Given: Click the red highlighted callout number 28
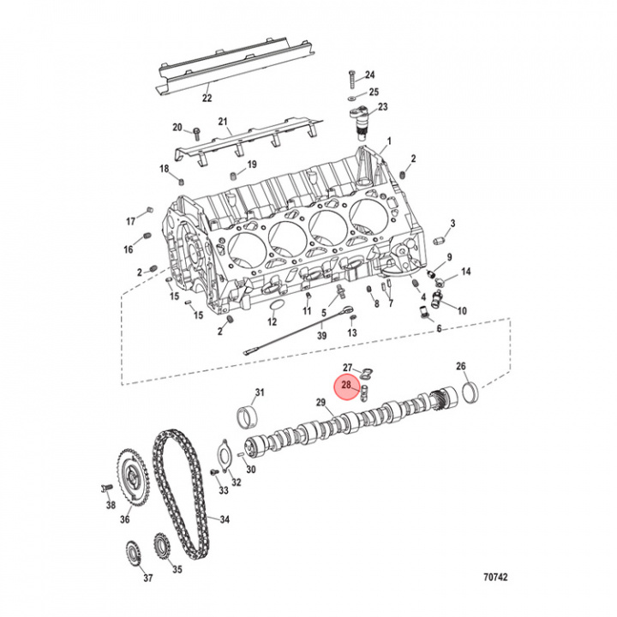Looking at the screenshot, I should [346, 386].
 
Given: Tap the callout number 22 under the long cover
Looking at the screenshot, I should [207, 98].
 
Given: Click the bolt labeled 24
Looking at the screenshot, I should [352, 79].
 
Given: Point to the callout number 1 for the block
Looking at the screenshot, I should [388, 141].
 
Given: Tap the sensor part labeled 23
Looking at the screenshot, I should [362, 119].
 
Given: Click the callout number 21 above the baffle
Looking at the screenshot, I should [221, 121].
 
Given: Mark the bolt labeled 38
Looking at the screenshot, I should [105, 488].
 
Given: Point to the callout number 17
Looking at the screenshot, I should [131, 221].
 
